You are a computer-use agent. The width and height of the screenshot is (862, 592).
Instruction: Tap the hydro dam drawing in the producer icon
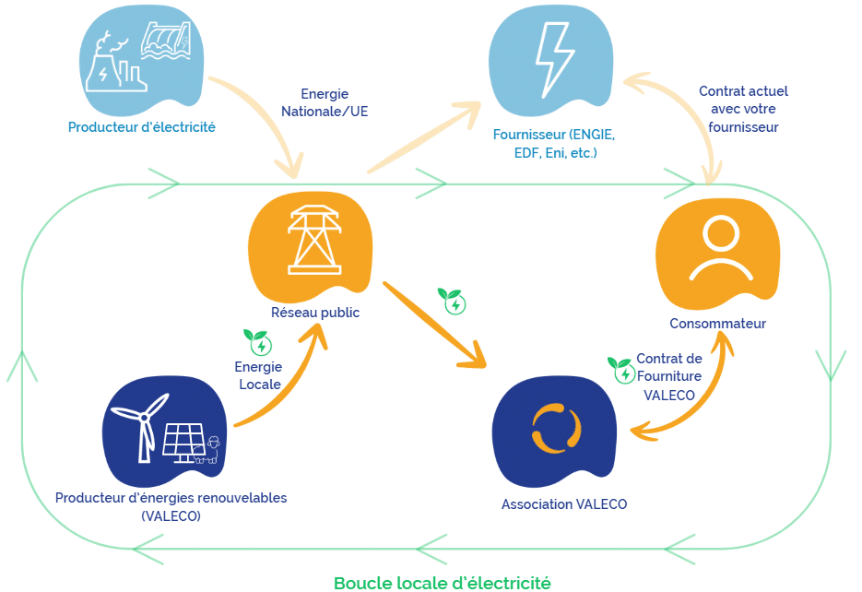[164, 42]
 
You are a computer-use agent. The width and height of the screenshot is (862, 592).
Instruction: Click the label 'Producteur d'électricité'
[142, 127]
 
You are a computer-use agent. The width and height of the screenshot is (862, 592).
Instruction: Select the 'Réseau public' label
[315, 313]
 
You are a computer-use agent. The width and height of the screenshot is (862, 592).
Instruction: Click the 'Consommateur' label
[717, 324]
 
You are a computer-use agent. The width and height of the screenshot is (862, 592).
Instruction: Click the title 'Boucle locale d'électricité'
[442, 583]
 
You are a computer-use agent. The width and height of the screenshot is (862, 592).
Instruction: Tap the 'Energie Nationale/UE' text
[324, 102]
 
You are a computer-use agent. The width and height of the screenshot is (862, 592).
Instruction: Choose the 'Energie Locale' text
[258, 375]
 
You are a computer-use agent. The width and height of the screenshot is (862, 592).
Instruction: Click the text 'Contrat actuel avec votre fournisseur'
[743, 110]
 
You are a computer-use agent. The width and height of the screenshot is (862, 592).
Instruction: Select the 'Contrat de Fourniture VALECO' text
[669, 376]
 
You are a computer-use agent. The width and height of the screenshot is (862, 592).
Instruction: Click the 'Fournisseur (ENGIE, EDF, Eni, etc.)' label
[554, 143]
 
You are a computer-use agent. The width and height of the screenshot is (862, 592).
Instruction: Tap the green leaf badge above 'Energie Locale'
[257, 342]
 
